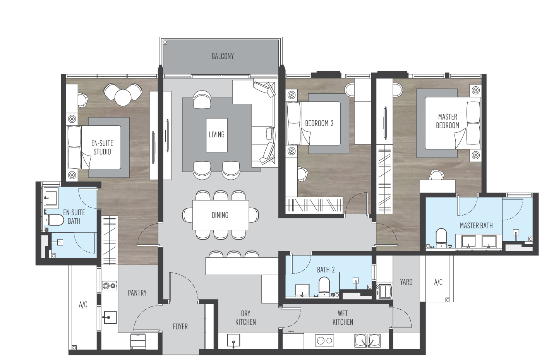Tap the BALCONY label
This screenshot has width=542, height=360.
[223, 57]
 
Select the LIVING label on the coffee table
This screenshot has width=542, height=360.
[216, 135]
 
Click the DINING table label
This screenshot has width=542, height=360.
[220, 215]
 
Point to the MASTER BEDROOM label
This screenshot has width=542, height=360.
[448, 121]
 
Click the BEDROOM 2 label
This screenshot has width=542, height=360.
[319, 123]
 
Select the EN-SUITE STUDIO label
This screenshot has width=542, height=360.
[102, 147]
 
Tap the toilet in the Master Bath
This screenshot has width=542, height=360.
[441, 237]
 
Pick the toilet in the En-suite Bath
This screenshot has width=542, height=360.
[56, 220]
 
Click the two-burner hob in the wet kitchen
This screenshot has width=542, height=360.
[324, 341]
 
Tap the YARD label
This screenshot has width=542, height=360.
[406, 282]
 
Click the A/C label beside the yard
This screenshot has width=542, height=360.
[438, 282]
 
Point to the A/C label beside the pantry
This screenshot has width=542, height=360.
[83, 305]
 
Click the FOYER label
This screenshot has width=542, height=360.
[180, 327]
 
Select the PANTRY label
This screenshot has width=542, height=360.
[137, 293]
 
